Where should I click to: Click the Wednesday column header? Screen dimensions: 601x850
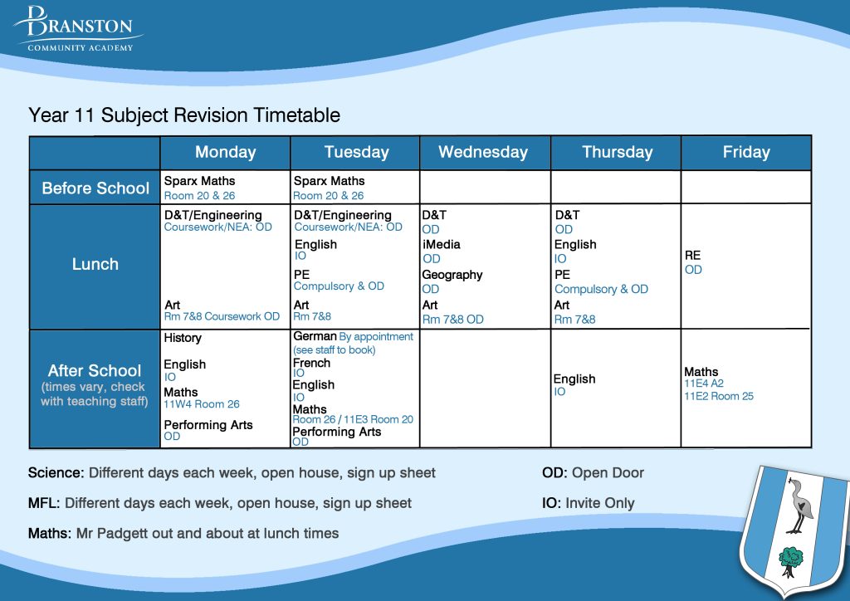click(x=483, y=152)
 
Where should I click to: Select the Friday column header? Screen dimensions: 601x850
click(x=745, y=152)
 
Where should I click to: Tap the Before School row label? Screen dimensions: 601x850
click(x=95, y=188)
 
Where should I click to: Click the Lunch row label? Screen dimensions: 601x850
click(x=95, y=264)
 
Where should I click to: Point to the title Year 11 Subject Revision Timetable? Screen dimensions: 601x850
click(x=184, y=115)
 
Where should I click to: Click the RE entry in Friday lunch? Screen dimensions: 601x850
click(x=692, y=256)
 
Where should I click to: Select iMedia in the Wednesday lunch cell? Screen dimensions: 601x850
click(x=441, y=244)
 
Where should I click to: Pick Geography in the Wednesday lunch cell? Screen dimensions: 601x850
click(x=452, y=275)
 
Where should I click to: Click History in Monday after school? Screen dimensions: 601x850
click(x=183, y=338)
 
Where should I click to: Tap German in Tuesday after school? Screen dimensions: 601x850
click(x=315, y=336)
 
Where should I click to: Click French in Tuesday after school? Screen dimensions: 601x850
click(x=311, y=363)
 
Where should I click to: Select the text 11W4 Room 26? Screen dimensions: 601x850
click(x=202, y=404)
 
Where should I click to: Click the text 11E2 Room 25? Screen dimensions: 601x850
click(x=719, y=396)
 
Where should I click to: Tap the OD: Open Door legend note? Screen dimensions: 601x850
click(x=593, y=473)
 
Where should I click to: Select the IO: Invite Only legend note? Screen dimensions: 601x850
click(x=588, y=503)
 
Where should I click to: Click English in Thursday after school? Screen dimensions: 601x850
click(x=575, y=379)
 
